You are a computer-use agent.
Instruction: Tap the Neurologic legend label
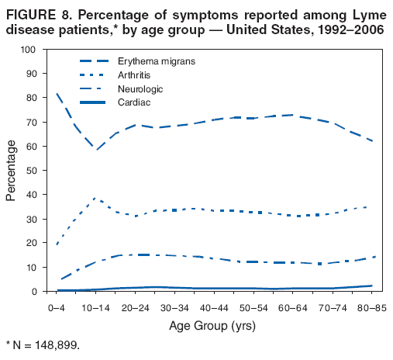click(139, 89)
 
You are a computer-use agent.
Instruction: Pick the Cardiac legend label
click(134, 102)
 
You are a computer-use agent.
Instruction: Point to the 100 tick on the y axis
click(29, 50)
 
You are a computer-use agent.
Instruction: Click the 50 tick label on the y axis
click(31, 171)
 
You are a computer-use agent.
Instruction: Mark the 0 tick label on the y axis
click(34, 292)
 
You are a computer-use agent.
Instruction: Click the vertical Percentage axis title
click(11, 171)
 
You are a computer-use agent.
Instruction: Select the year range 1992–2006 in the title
click(346, 29)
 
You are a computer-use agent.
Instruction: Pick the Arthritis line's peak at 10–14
click(95, 199)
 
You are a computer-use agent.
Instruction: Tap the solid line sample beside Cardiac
click(95, 102)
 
